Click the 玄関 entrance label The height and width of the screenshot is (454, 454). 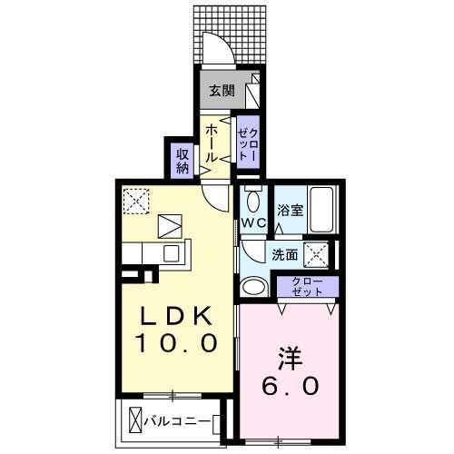point(222,90)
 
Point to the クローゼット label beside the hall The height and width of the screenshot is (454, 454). point(248,141)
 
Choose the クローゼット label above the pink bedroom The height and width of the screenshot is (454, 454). point(306,286)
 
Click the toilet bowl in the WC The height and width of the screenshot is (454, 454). point(253,201)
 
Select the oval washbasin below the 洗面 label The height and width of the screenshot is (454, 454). point(253,285)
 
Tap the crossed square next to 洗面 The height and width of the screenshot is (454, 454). point(315,253)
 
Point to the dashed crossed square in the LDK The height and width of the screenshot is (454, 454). point(136,198)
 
